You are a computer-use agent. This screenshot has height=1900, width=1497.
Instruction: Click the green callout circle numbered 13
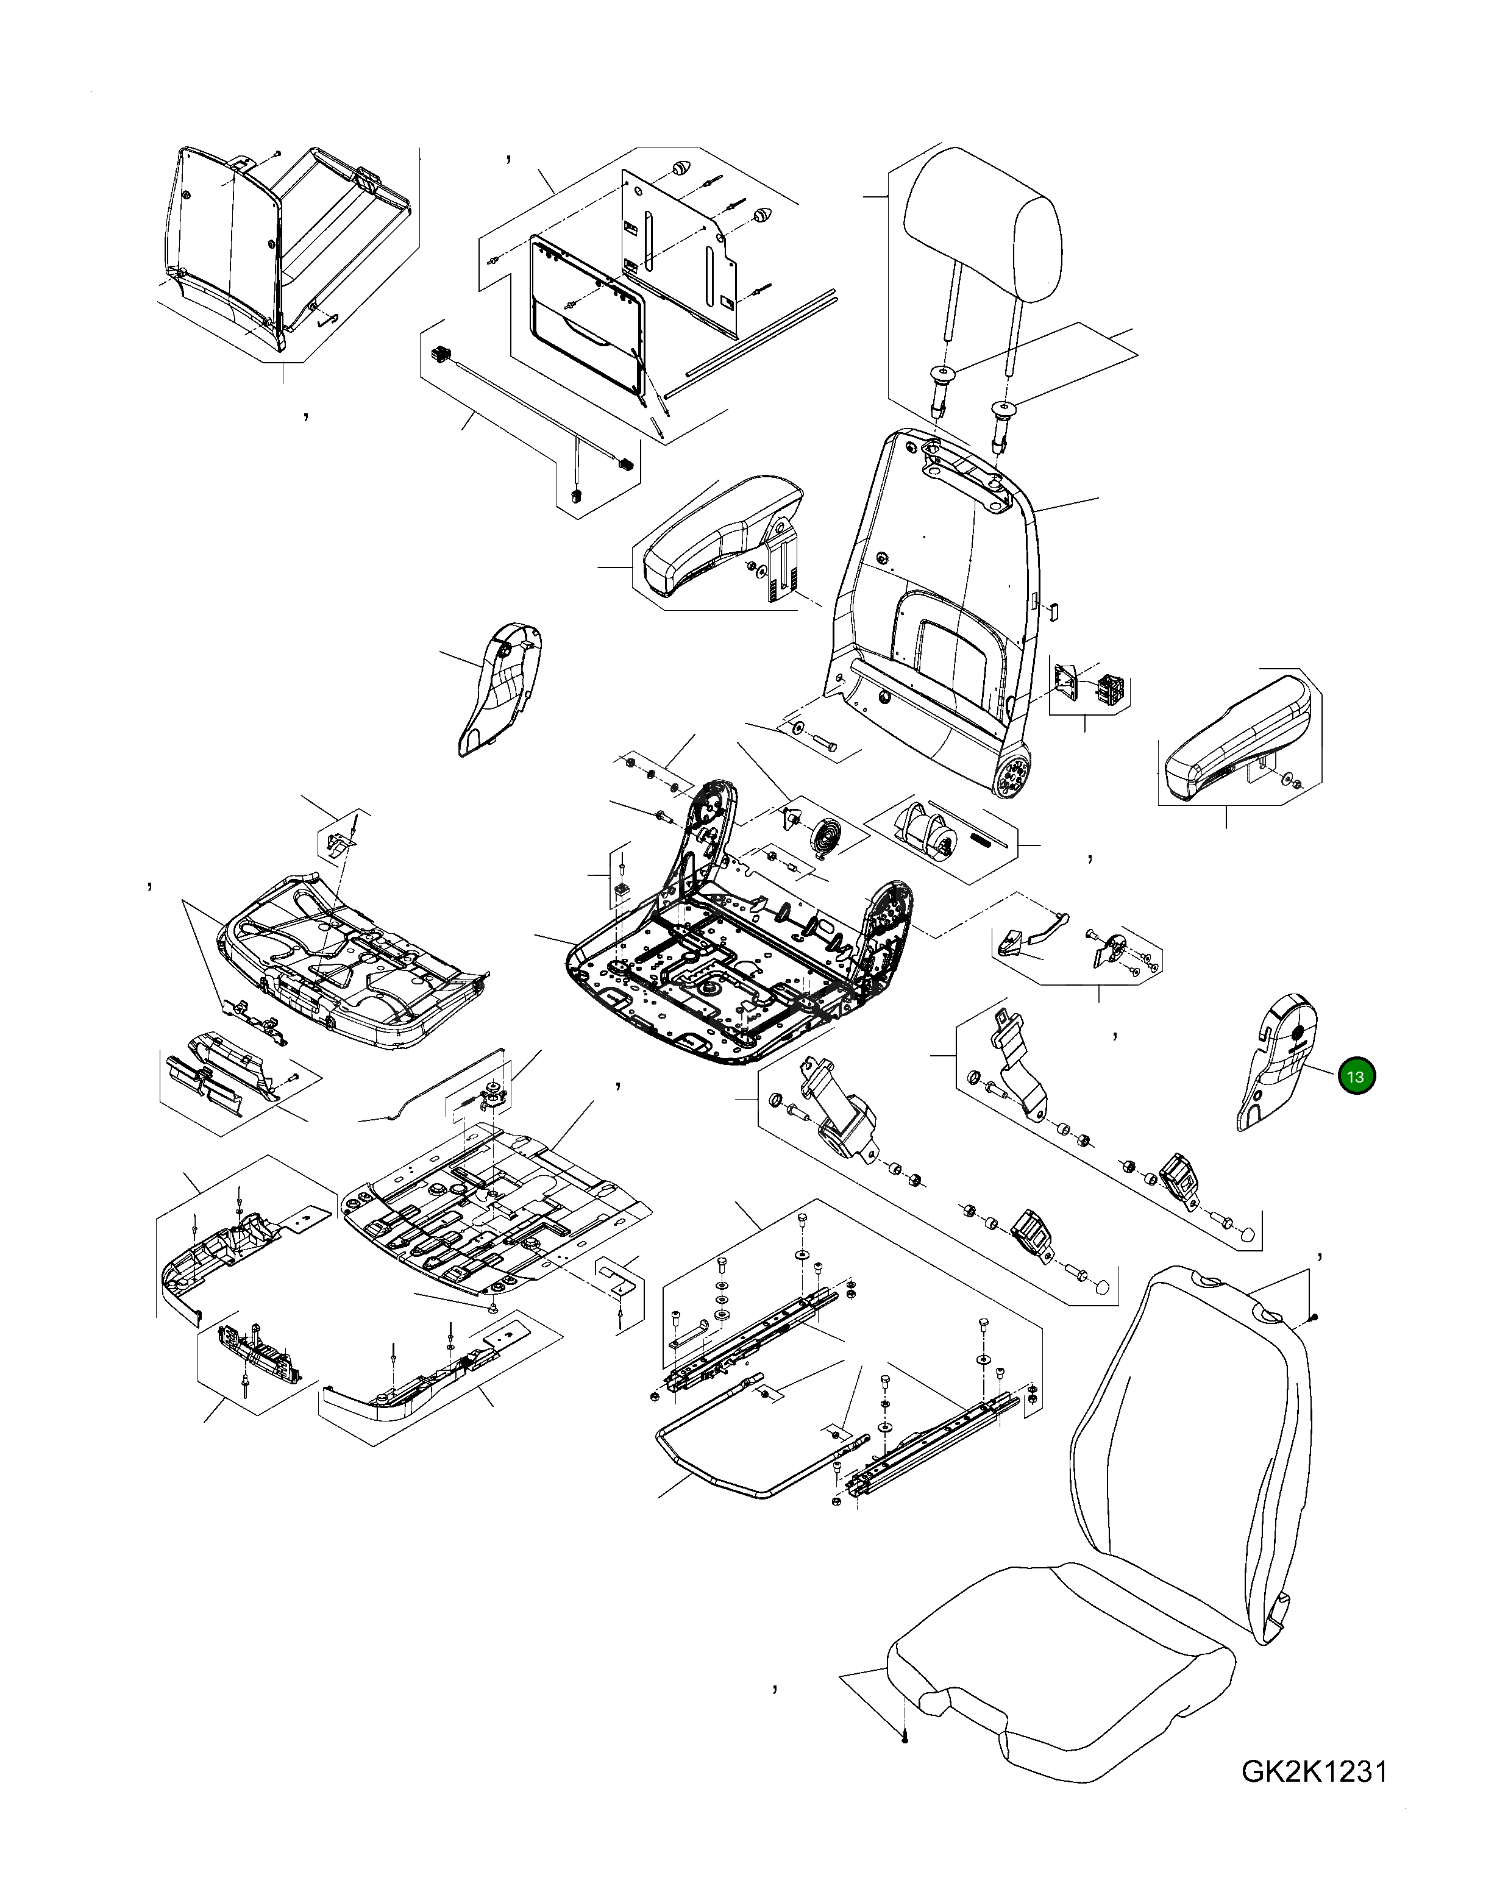point(1357,1076)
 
